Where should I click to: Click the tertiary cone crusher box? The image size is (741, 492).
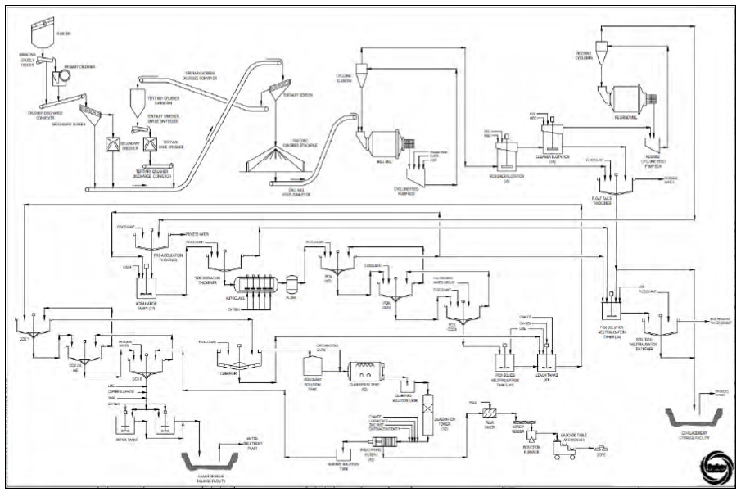click(x=150, y=145)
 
